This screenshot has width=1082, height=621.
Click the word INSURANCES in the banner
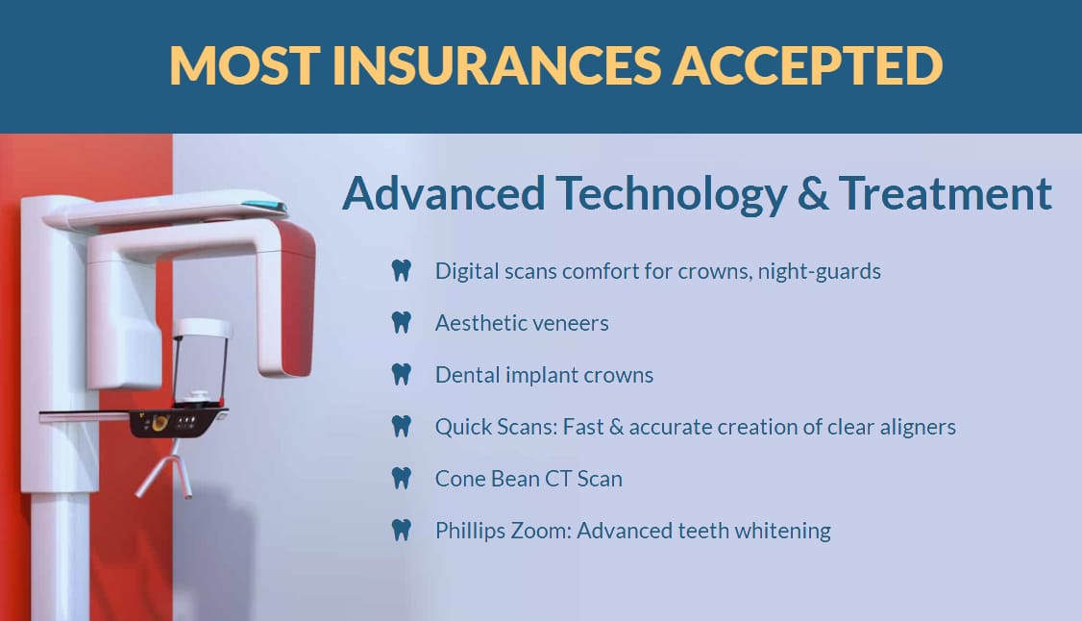coord(497,65)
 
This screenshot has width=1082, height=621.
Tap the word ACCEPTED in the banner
coord(808,65)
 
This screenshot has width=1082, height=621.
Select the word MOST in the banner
coord(245,65)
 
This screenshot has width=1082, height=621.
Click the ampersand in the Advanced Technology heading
coord(813,193)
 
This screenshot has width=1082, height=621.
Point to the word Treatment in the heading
coord(946,193)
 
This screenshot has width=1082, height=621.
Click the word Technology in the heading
coord(671,196)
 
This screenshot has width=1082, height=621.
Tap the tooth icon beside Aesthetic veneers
coord(401,323)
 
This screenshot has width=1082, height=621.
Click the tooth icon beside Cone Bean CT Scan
coord(401,478)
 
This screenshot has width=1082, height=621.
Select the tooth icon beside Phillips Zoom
coord(401,530)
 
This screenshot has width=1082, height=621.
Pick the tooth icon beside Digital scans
coord(401,271)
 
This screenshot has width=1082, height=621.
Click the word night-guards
coord(819,272)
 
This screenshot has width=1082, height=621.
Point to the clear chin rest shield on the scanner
coord(200,365)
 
